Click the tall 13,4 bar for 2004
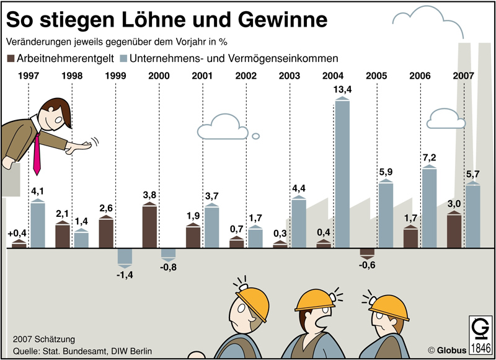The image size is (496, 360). (343, 173)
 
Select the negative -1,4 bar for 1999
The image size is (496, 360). (125, 255)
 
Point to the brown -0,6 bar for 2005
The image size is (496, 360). (368, 252)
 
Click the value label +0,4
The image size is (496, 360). (16, 234)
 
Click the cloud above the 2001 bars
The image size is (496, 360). (220, 127)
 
